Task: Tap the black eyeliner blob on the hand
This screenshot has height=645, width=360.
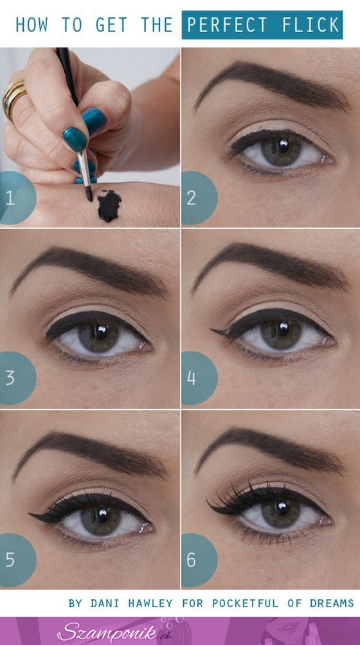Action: point(109,206)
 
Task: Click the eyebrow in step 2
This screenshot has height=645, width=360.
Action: point(271,84)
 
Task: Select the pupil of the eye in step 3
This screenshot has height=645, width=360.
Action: point(100,332)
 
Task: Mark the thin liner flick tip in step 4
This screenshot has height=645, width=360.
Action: point(212,330)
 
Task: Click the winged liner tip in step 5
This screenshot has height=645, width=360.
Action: point(30,514)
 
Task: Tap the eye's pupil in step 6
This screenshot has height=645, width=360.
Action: point(282,508)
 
